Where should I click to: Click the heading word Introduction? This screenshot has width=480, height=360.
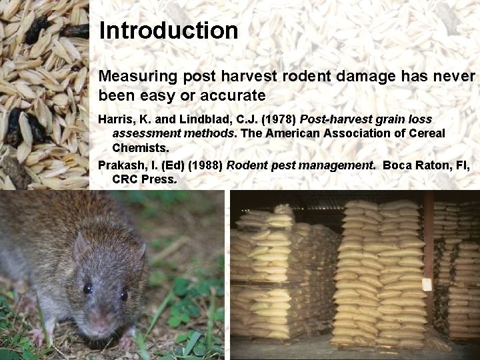point(168,30)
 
